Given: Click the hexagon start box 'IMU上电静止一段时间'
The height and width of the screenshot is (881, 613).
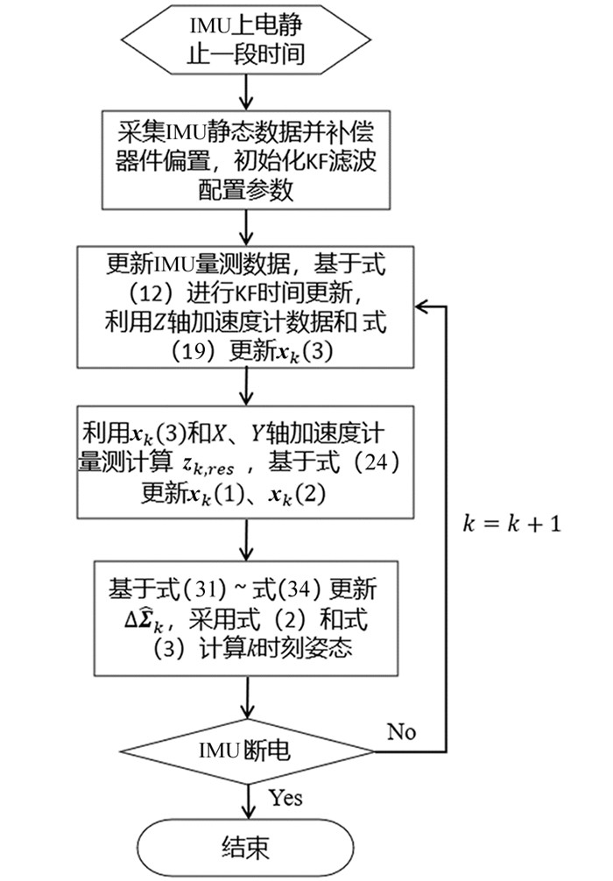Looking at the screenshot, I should coord(248,40).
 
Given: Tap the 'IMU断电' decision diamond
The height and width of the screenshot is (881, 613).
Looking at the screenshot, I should coord(248,751).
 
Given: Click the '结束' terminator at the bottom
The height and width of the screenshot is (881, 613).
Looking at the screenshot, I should coord(248,847).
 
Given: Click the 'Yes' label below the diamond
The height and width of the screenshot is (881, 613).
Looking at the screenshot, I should coord(285,797).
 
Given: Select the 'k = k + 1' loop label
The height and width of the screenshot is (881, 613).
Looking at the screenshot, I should coord(511,525).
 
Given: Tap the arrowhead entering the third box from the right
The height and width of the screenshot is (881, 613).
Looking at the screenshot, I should coord(421,307).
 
